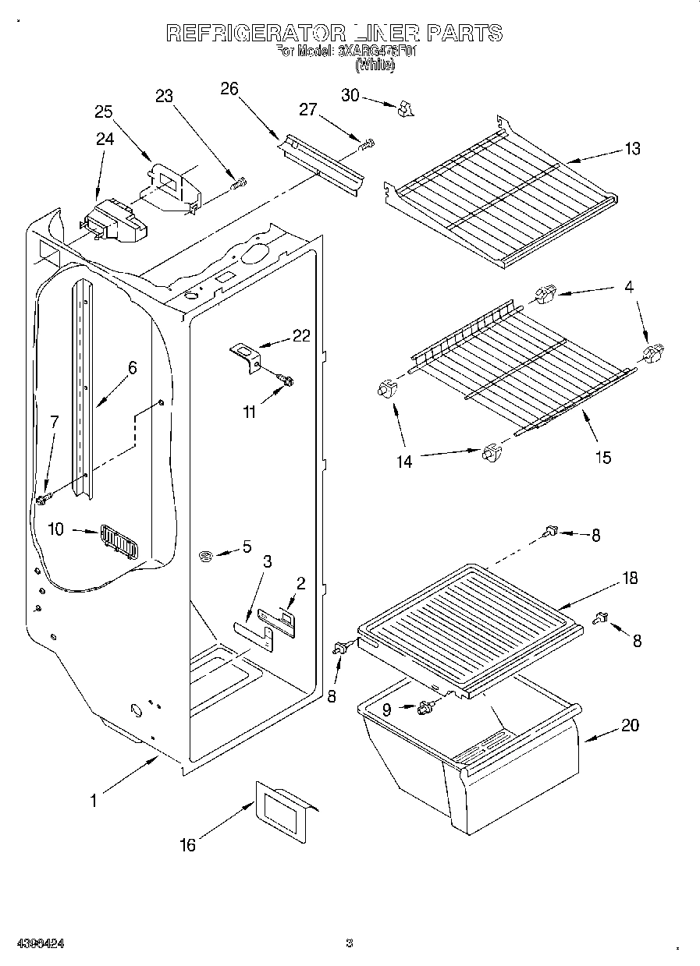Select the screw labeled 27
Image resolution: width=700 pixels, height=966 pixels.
tap(366, 144)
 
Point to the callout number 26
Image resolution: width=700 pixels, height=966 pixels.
tap(229, 88)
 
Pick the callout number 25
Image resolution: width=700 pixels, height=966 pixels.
tap(104, 111)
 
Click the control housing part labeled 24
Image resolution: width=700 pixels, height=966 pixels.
tap(114, 221)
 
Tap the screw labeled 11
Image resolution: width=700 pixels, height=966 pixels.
tap(286, 380)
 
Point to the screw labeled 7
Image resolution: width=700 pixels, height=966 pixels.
tap(42, 497)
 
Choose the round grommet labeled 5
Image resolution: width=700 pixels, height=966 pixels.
tap(206, 556)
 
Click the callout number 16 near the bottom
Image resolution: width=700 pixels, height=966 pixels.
tap(187, 844)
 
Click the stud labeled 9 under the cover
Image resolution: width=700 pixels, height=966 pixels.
tap(426, 706)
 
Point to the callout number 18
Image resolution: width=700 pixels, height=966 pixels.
tap(629, 578)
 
